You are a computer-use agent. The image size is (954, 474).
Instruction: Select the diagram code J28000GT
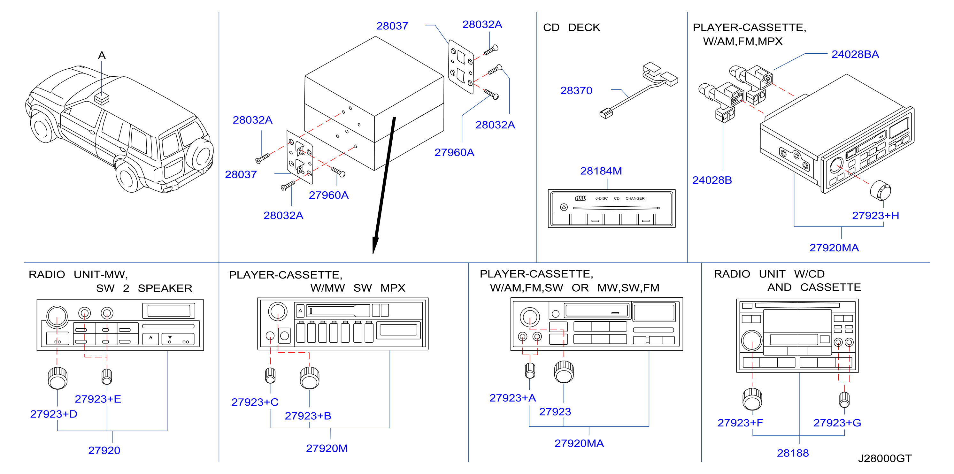click(x=885, y=458)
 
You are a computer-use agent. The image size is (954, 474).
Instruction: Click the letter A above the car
click(x=102, y=56)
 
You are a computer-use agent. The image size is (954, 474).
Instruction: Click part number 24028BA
click(x=855, y=54)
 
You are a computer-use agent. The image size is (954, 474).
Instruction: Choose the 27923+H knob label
click(x=875, y=216)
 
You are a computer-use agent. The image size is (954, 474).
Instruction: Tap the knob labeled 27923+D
click(x=58, y=378)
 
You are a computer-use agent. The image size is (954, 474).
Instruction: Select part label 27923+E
click(x=98, y=399)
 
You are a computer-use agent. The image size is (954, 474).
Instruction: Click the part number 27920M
click(x=327, y=448)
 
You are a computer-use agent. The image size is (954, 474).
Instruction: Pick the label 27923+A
click(x=512, y=398)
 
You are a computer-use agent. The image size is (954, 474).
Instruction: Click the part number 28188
click(x=793, y=453)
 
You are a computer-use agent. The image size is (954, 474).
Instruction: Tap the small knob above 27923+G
click(x=844, y=399)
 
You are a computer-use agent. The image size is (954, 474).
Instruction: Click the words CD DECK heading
click(x=572, y=27)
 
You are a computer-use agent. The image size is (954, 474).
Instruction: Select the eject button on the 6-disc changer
click(x=564, y=207)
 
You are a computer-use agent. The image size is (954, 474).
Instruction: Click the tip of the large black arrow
click(x=373, y=254)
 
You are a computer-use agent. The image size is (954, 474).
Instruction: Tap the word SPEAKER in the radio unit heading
click(x=165, y=288)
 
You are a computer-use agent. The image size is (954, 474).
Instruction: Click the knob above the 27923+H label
click(x=880, y=190)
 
